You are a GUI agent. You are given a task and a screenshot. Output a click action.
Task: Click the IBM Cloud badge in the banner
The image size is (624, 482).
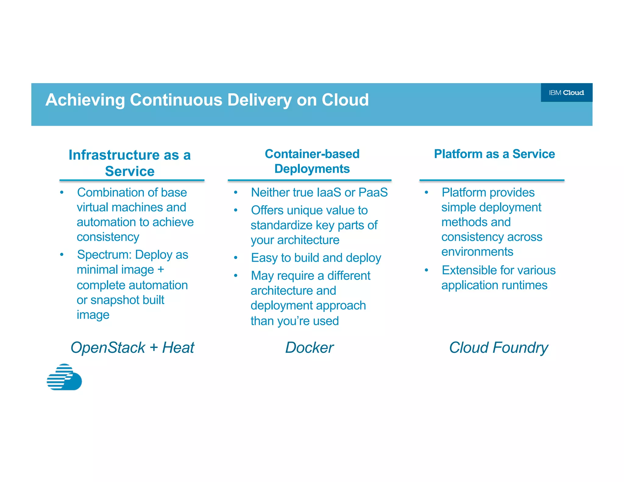(x=566, y=93)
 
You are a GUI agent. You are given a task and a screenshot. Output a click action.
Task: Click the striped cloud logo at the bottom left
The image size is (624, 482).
(x=64, y=377)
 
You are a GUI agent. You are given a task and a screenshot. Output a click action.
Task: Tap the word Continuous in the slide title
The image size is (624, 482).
(x=176, y=100)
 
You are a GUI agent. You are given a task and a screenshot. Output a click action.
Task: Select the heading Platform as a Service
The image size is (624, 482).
(x=494, y=154)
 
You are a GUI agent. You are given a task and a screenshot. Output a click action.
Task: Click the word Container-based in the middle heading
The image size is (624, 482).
(x=312, y=154)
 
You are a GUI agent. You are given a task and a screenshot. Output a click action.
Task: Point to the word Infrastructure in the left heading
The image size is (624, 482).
(x=114, y=155)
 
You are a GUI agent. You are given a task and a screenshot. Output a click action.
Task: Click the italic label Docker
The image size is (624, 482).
(x=309, y=348)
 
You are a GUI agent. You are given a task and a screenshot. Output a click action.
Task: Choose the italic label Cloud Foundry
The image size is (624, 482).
(x=498, y=348)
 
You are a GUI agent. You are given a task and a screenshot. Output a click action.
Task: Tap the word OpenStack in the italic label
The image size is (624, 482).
(x=108, y=348)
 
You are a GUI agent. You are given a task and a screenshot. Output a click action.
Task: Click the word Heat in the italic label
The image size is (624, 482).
(x=178, y=348)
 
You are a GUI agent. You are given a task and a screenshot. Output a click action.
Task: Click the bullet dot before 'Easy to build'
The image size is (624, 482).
(x=236, y=258)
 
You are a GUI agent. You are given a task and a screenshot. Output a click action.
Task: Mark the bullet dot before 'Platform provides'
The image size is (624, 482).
(x=426, y=193)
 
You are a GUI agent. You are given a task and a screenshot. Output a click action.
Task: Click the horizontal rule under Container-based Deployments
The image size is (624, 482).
(x=309, y=180)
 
